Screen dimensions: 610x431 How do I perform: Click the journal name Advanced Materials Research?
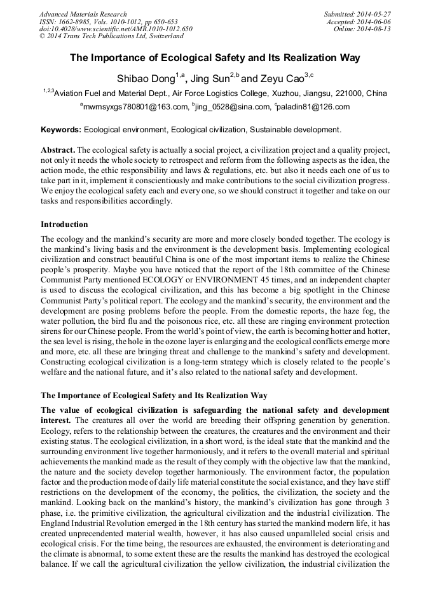click(x=83, y=14)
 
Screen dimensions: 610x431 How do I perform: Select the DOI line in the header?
click(x=116, y=29)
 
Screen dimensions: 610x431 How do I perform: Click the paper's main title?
click(x=215, y=58)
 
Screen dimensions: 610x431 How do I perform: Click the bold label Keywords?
click(x=61, y=130)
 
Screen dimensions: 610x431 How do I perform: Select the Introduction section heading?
click(x=64, y=225)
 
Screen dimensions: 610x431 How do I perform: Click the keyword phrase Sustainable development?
click(x=296, y=130)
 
